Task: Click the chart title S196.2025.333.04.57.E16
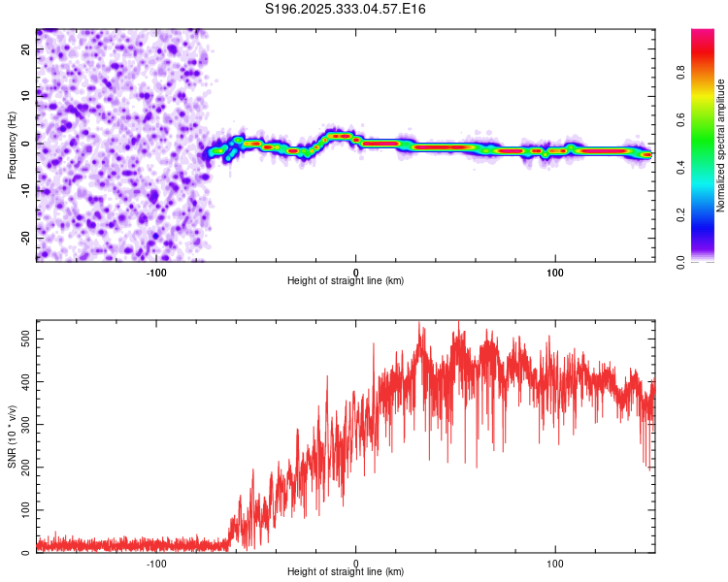pos(346,9)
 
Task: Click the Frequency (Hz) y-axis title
pos(12,145)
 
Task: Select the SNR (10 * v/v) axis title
pos(12,436)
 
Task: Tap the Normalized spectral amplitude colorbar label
pos(721,145)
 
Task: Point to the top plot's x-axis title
pos(346,280)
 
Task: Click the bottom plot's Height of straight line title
pos(346,571)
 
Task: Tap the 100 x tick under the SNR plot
pos(555,563)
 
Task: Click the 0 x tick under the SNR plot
pos(356,563)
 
